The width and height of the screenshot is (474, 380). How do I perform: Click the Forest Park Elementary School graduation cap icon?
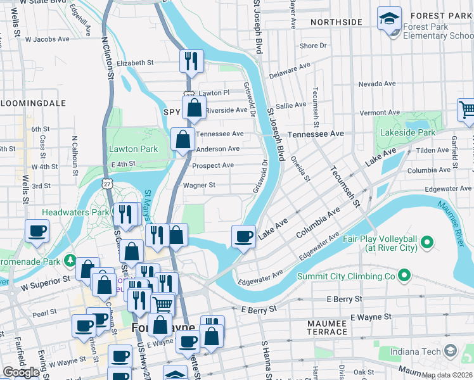[389, 19]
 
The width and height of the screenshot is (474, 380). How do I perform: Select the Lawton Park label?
[132, 149]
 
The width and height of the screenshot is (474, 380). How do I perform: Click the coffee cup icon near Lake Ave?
[243, 237]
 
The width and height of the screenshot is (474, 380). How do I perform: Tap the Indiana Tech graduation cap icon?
[450, 350]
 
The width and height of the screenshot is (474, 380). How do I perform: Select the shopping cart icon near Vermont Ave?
[467, 111]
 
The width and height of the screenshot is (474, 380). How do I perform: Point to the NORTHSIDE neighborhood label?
[336, 22]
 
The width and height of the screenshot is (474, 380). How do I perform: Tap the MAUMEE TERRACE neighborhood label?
[327, 327]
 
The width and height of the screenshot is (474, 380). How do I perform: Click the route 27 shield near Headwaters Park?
[105, 184]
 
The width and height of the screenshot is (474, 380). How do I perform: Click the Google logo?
[21, 372]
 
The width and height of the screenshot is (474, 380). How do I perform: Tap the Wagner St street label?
[199, 186]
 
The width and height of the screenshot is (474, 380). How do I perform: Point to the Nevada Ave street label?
[376, 84]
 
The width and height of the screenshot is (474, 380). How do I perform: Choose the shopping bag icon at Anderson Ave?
[183, 140]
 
